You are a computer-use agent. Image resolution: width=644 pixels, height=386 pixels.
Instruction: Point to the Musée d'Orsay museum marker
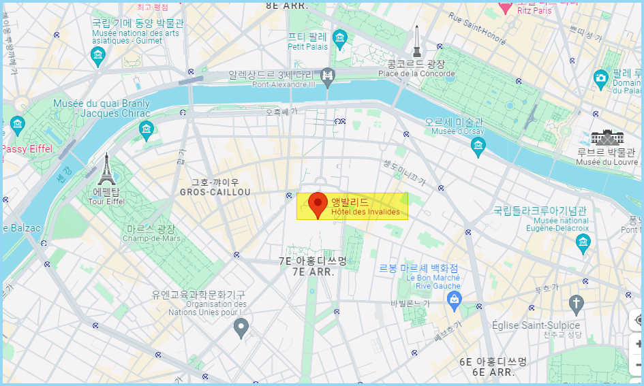click(478, 144)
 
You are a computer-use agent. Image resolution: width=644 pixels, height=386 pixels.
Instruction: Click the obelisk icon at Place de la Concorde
click(416, 42)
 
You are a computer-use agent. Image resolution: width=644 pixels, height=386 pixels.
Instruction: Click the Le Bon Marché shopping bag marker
click(455, 299)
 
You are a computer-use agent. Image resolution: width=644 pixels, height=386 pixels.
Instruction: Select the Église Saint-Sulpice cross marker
click(577, 304)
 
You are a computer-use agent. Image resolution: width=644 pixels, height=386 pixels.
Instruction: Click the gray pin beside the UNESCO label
click(241, 328)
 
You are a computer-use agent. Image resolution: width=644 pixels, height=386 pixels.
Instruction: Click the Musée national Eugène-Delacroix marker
click(583, 242)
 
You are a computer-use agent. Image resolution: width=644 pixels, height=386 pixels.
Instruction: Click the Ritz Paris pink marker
click(505, 7)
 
